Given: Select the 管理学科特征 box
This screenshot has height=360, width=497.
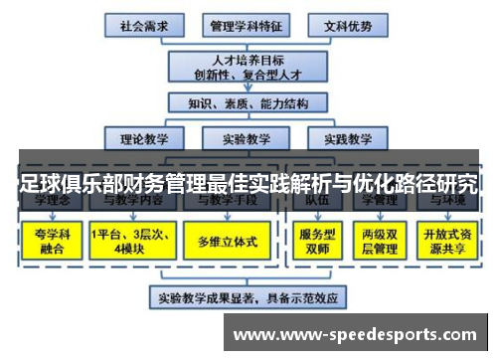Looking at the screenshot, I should (245, 24).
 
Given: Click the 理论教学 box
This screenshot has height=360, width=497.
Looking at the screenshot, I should (145, 138).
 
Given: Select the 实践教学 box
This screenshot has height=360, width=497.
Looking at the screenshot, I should (348, 138).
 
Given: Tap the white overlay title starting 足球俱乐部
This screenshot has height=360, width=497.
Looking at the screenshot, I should (248, 183).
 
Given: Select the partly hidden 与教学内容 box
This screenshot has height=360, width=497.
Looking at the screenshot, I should (136, 202).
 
